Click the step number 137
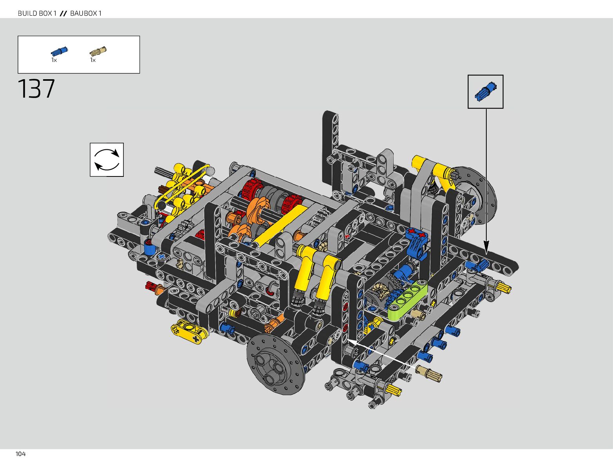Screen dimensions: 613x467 (x=36, y=89)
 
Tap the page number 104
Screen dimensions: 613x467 (x=20, y=454)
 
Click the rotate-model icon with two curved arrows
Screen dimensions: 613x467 (x=107, y=160)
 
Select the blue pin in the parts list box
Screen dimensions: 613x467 (x=59, y=51)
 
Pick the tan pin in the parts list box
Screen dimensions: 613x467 (x=98, y=51)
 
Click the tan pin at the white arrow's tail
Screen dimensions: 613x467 (x=429, y=373)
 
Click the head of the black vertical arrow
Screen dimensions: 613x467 (x=486, y=247)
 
